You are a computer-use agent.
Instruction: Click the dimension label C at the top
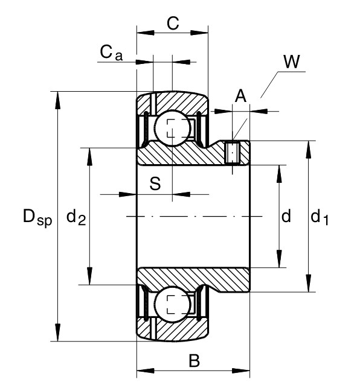(x=173, y=24)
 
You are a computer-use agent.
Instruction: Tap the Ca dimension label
(x=111, y=52)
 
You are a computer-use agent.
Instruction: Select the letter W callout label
(x=292, y=62)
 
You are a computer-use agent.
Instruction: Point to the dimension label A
(x=240, y=96)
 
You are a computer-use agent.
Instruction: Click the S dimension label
(x=155, y=183)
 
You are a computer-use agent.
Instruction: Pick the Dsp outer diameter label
(x=37, y=217)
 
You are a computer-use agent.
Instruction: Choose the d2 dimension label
(x=76, y=217)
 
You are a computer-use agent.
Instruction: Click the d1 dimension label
(x=320, y=217)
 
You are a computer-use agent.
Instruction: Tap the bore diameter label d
(x=286, y=216)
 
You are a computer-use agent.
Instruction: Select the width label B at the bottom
(x=194, y=360)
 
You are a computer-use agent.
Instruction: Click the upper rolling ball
(x=173, y=128)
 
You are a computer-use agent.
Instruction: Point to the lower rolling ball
(x=173, y=304)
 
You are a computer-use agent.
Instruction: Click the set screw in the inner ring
(x=232, y=153)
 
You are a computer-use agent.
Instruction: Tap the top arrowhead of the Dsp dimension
(x=57, y=100)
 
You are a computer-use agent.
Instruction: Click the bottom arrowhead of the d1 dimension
(x=309, y=284)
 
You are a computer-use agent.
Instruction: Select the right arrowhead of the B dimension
(x=241, y=371)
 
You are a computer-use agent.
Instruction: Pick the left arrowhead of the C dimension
(x=146, y=33)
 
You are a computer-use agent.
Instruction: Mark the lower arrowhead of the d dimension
(x=279, y=259)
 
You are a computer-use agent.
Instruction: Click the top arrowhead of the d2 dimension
(x=90, y=157)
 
